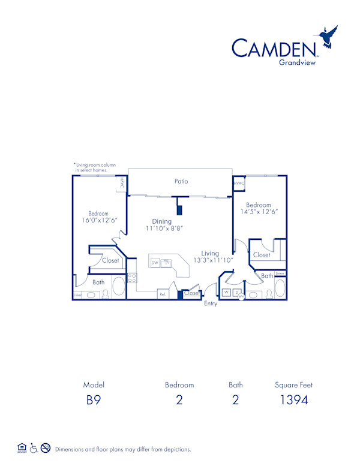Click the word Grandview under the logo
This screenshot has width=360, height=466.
(x=298, y=62)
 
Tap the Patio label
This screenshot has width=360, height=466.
(x=181, y=181)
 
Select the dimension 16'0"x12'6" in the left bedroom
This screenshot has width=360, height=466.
(x=98, y=220)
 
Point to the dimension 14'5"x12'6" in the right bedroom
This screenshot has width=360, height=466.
(x=259, y=212)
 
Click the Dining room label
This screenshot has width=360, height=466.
(x=162, y=221)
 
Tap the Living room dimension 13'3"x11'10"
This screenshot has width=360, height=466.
(x=210, y=260)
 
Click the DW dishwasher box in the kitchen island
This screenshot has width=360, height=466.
(x=155, y=263)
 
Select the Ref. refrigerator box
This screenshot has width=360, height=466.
(x=162, y=294)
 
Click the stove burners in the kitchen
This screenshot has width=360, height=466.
(x=132, y=278)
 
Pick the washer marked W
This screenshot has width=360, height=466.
(x=227, y=292)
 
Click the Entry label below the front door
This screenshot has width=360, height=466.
(x=210, y=304)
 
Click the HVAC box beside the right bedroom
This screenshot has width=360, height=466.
(x=239, y=184)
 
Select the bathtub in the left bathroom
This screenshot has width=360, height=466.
(x=119, y=286)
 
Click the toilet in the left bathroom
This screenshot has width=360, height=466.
(x=106, y=294)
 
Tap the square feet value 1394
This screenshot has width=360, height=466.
(x=293, y=400)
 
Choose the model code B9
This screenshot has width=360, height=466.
(x=94, y=400)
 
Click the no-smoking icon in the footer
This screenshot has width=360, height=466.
(x=46, y=448)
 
